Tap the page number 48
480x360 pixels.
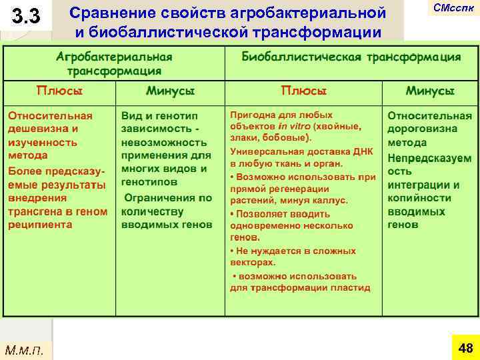click(x=465, y=347)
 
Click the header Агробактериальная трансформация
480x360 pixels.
click(x=114, y=63)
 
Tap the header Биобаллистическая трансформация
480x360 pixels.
click(x=351, y=57)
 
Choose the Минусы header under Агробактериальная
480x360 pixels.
click(x=170, y=91)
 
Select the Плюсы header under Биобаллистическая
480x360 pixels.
click(x=304, y=91)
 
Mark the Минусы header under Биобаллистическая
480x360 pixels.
click(x=430, y=91)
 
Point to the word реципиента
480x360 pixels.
click(x=39, y=225)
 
